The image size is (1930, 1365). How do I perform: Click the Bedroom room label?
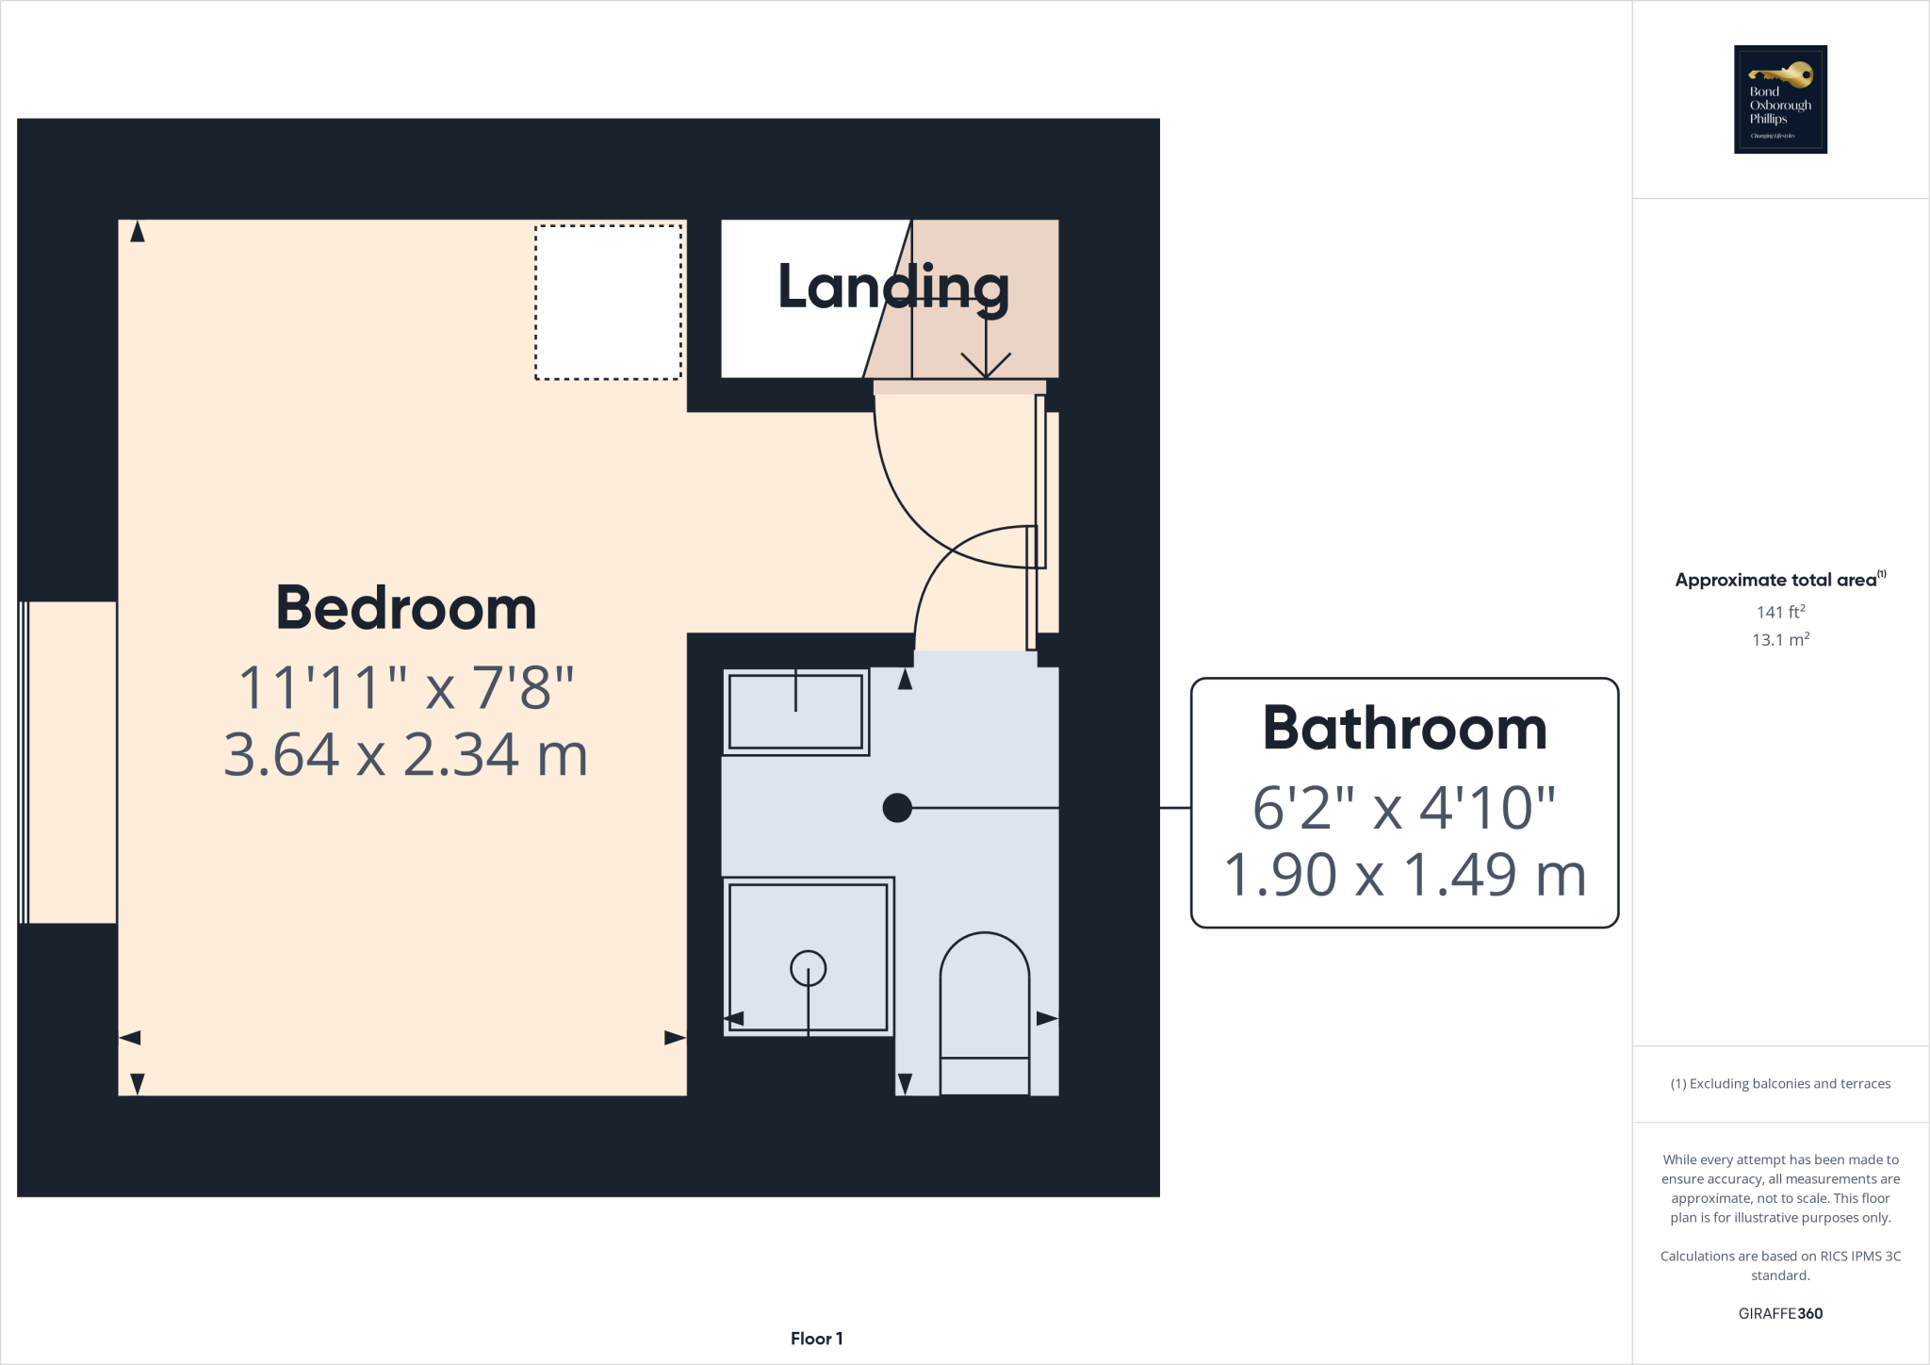[x=405, y=608]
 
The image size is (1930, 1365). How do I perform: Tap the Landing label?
[x=892, y=288]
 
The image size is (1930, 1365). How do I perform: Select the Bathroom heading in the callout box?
[x=1404, y=729]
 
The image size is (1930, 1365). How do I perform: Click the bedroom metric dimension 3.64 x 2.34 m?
[x=405, y=755]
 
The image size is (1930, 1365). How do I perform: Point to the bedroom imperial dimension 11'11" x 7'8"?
[x=405, y=687]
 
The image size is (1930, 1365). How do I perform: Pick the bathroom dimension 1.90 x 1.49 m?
[x=1404, y=875]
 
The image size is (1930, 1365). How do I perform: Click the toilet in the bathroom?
[x=985, y=1013]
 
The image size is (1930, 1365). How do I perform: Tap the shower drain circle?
[x=808, y=968]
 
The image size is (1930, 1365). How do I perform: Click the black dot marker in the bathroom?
[x=897, y=808]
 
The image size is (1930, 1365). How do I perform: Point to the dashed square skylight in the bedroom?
[x=608, y=303]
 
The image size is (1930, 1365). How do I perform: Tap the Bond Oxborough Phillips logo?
[x=1780, y=99]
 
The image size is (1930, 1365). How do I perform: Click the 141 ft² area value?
[x=1780, y=612]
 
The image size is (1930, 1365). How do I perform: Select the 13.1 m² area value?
[x=1780, y=640]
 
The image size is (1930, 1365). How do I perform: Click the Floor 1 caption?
[x=816, y=1339]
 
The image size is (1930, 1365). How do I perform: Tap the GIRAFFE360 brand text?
[x=1780, y=1313]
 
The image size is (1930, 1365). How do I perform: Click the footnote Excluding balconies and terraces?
[x=1780, y=1084]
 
